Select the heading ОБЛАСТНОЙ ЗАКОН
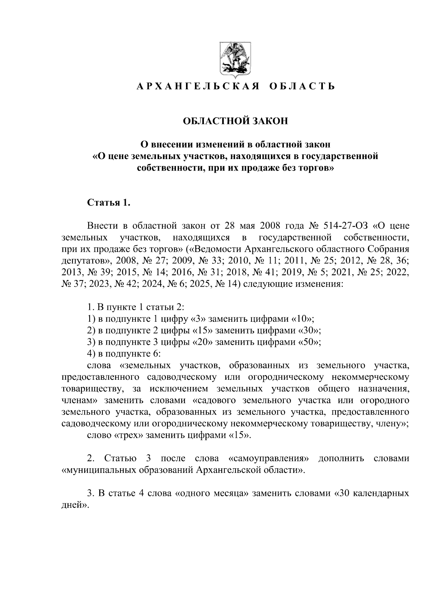[x=235, y=121]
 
